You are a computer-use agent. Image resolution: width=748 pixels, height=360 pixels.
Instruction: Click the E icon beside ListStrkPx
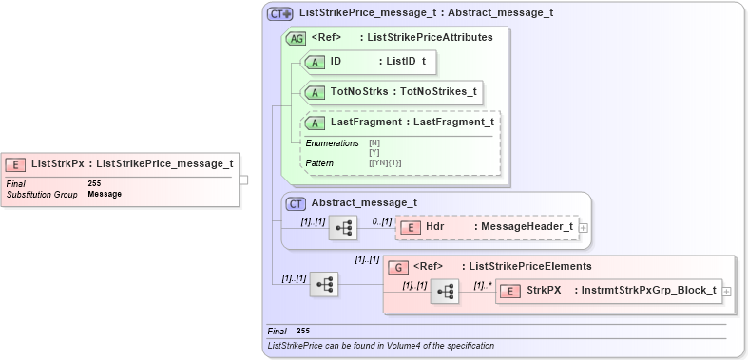tap(16, 163)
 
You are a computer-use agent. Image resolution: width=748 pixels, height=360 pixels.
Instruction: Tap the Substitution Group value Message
tap(105, 194)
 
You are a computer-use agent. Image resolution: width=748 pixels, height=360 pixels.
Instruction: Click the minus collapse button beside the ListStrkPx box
tap(244, 179)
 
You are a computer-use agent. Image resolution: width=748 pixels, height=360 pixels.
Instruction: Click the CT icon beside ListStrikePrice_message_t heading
tap(279, 13)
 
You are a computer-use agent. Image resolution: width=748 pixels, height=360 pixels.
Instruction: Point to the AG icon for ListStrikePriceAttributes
tap(297, 38)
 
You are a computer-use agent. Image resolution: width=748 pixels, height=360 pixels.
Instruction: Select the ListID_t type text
tap(407, 62)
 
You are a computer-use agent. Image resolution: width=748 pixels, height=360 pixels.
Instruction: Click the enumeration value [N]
tap(374, 142)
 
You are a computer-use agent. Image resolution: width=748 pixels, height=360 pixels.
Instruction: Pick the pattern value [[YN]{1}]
tap(385, 163)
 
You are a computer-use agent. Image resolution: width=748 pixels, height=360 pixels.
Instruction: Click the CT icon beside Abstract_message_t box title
tap(297, 202)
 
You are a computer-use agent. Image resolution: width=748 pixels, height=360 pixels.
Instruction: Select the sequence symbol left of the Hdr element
tap(342, 228)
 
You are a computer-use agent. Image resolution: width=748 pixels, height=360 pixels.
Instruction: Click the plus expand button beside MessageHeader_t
tap(583, 228)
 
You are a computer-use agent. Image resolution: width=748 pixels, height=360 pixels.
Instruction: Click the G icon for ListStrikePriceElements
tap(398, 267)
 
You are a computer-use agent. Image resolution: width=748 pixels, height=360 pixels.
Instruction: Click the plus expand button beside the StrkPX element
tap(727, 291)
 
